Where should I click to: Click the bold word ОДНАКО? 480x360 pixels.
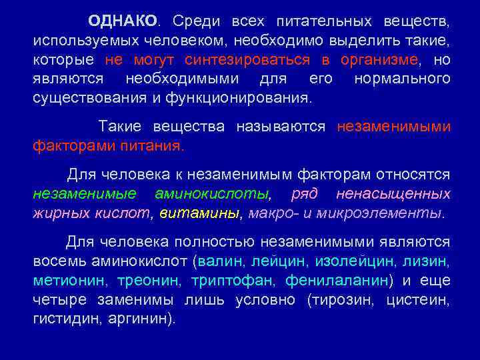[123, 22]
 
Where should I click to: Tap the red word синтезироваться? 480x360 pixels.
[248, 60]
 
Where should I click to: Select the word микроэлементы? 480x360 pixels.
[399, 213]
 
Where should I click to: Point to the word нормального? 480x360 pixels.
[402, 79]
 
